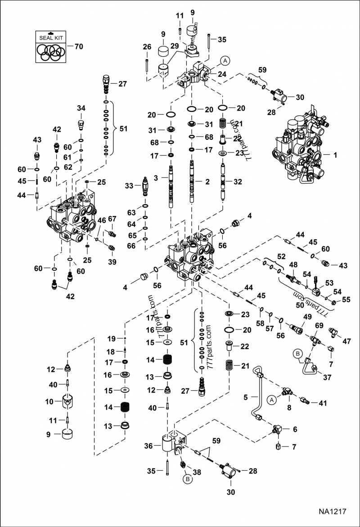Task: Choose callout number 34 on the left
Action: [81, 108]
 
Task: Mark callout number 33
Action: [130, 185]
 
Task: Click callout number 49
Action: [307, 317]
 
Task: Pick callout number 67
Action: [112, 219]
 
